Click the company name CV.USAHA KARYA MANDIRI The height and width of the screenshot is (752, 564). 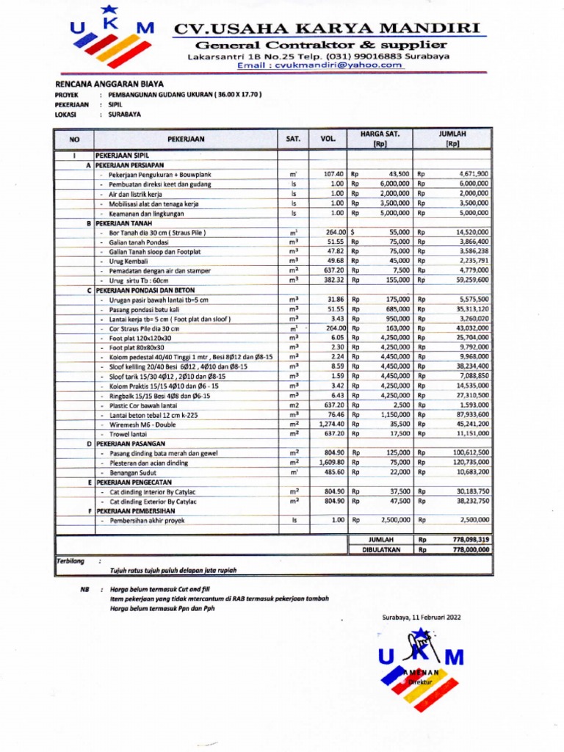pos(329,28)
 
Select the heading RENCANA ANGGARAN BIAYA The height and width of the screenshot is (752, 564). pos(100,84)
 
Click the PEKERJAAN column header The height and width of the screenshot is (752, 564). pos(186,138)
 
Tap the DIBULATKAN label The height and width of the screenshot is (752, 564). pos(382,549)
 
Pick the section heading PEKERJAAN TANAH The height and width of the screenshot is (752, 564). pos(126,223)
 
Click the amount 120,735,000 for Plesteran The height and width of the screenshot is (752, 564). pos(471,463)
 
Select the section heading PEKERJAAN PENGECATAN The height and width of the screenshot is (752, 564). pos(132,482)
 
